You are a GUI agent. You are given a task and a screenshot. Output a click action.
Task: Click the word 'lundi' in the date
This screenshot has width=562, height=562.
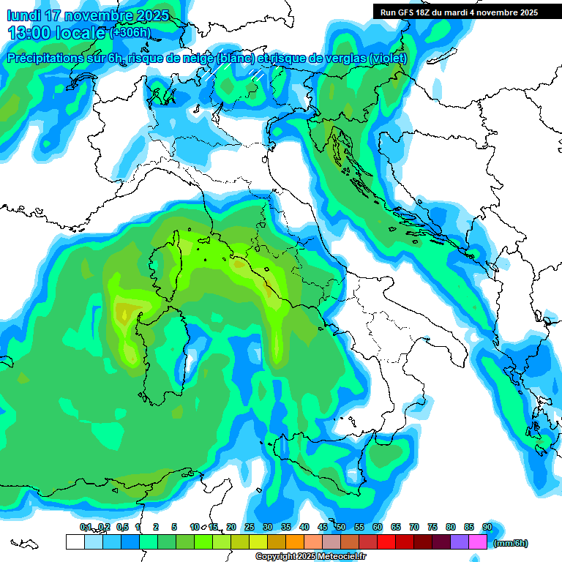[x=23, y=15]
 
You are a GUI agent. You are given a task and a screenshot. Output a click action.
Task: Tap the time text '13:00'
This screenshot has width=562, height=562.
[x=31, y=33]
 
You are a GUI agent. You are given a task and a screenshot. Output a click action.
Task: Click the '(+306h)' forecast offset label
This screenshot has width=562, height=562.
[x=130, y=33]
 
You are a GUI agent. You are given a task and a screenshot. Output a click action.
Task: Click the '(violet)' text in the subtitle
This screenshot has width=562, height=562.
[x=388, y=59]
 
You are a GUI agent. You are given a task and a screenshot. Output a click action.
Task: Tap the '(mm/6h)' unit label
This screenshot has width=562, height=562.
[x=511, y=543]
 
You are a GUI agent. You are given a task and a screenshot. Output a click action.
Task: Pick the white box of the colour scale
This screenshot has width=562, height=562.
[x=75, y=542]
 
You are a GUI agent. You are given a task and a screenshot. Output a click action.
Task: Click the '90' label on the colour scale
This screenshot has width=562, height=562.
[x=487, y=528]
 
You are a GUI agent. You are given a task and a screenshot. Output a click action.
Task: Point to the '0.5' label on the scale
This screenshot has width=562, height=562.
[x=122, y=528]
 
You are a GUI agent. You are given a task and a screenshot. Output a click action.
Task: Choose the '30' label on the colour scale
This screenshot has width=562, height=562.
[x=268, y=528]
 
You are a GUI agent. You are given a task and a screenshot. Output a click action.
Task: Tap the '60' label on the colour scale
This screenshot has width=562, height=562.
[x=378, y=528]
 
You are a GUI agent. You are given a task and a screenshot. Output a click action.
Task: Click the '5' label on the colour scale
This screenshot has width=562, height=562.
[x=174, y=528]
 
